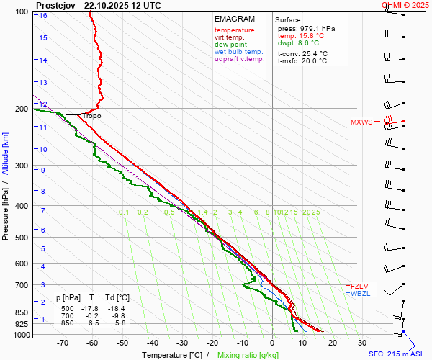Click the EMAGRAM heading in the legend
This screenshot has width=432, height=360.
[x=235, y=19]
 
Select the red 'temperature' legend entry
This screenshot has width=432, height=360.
[x=235, y=30]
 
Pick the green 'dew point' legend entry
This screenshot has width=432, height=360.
[x=230, y=45]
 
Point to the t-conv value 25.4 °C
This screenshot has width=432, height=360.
[x=314, y=53]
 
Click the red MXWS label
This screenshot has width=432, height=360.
[x=361, y=122]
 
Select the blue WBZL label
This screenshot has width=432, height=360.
[x=360, y=293]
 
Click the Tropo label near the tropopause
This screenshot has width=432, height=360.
[x=91, y=116]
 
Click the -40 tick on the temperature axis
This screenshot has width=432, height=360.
[x=152, y=343]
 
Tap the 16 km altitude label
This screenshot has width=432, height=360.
[x=43, y=15]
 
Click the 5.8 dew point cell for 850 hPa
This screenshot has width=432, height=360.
[x=121, y=324]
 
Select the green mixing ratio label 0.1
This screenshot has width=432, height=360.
[x=124, y=212]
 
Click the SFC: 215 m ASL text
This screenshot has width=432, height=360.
[x=397, y=354]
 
